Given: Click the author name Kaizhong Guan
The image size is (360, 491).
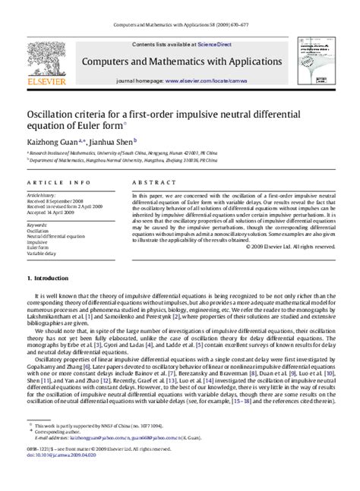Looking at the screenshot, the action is tap(51, 140).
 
